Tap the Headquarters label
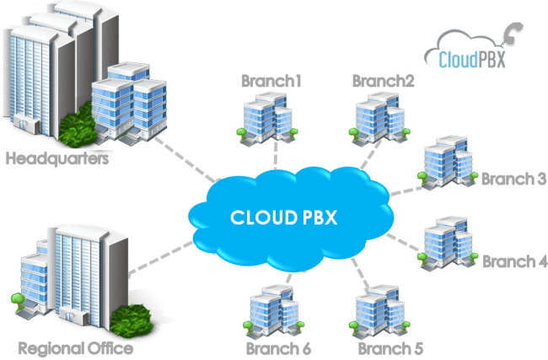tap(57, 158)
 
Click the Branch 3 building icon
tap(447, 161)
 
